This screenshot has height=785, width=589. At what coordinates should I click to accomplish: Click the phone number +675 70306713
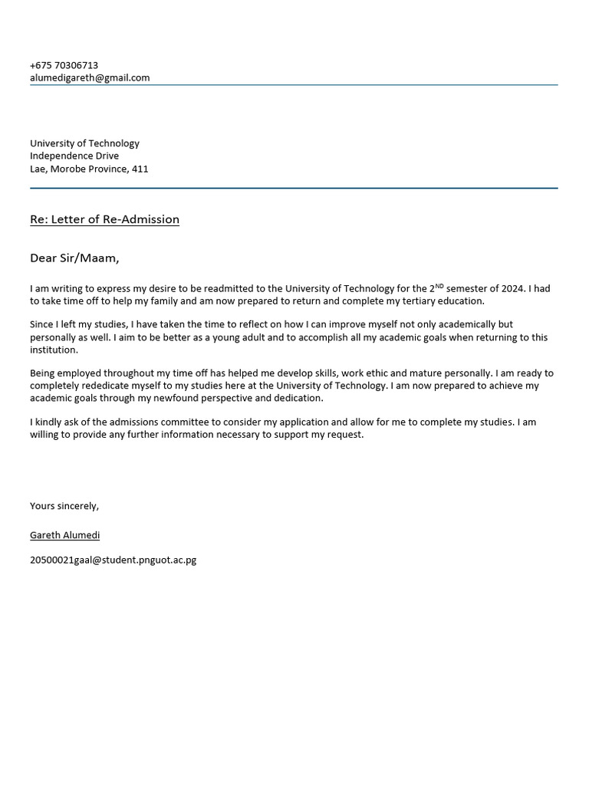(x=64, y=65)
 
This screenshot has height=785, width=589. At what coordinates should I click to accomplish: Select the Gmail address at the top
(x=90, y=77)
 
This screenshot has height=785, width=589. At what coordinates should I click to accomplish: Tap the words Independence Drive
(x=74, y=156)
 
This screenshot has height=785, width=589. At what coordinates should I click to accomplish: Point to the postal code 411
(x=140, y=169)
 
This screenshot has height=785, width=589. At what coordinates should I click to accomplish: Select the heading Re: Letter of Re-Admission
(x=104, y=219)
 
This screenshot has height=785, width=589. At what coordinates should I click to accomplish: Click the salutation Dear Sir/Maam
(x=74, y=258)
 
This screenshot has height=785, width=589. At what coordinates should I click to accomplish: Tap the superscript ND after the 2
(x=439, y=286)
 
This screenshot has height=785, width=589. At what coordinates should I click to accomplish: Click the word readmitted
(x=229, y=289)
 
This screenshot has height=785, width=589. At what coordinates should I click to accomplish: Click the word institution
(x=54, y=350)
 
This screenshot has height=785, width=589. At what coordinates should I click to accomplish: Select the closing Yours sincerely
(x=64, y=506)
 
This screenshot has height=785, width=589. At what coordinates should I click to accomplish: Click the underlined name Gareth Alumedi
(x=64, y=535)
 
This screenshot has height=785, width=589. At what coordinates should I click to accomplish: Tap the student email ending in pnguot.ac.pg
(x=113, y=560)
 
